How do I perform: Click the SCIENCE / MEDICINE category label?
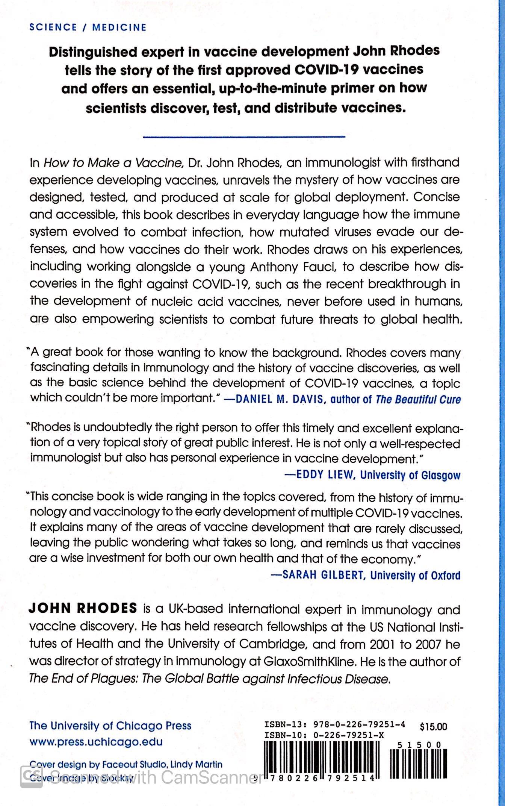click(88, 27)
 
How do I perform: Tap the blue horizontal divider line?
click(244, 136)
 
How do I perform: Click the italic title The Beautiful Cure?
click(418, 399)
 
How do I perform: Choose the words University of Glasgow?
click(410, 475)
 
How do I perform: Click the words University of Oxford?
click(415, 575)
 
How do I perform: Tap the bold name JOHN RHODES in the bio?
click(83, 608)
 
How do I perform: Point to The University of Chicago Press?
click(110, 726)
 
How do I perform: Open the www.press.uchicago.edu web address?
click(96, 742)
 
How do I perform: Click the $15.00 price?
click(433, 727)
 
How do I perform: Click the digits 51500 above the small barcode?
click(419, 745)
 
